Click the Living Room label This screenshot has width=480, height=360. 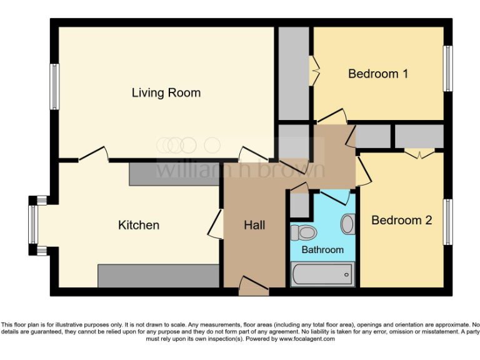click(166, 93)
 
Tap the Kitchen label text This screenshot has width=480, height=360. click(139, 225)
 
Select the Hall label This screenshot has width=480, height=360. click(254, 225)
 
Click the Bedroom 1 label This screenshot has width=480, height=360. click(378, 74)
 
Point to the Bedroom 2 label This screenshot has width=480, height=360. click(401, 220)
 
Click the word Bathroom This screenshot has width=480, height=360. click(322, 249)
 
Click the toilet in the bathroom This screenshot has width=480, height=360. click(304, 233)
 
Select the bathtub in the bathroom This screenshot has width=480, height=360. click(322, 274)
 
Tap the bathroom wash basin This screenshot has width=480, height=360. click(347, 223)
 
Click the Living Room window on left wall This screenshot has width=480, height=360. click(54, 87)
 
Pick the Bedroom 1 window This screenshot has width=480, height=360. click(447, 68)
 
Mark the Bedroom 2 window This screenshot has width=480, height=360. click(447, 222)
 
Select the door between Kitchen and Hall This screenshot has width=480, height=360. click(216, 224)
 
